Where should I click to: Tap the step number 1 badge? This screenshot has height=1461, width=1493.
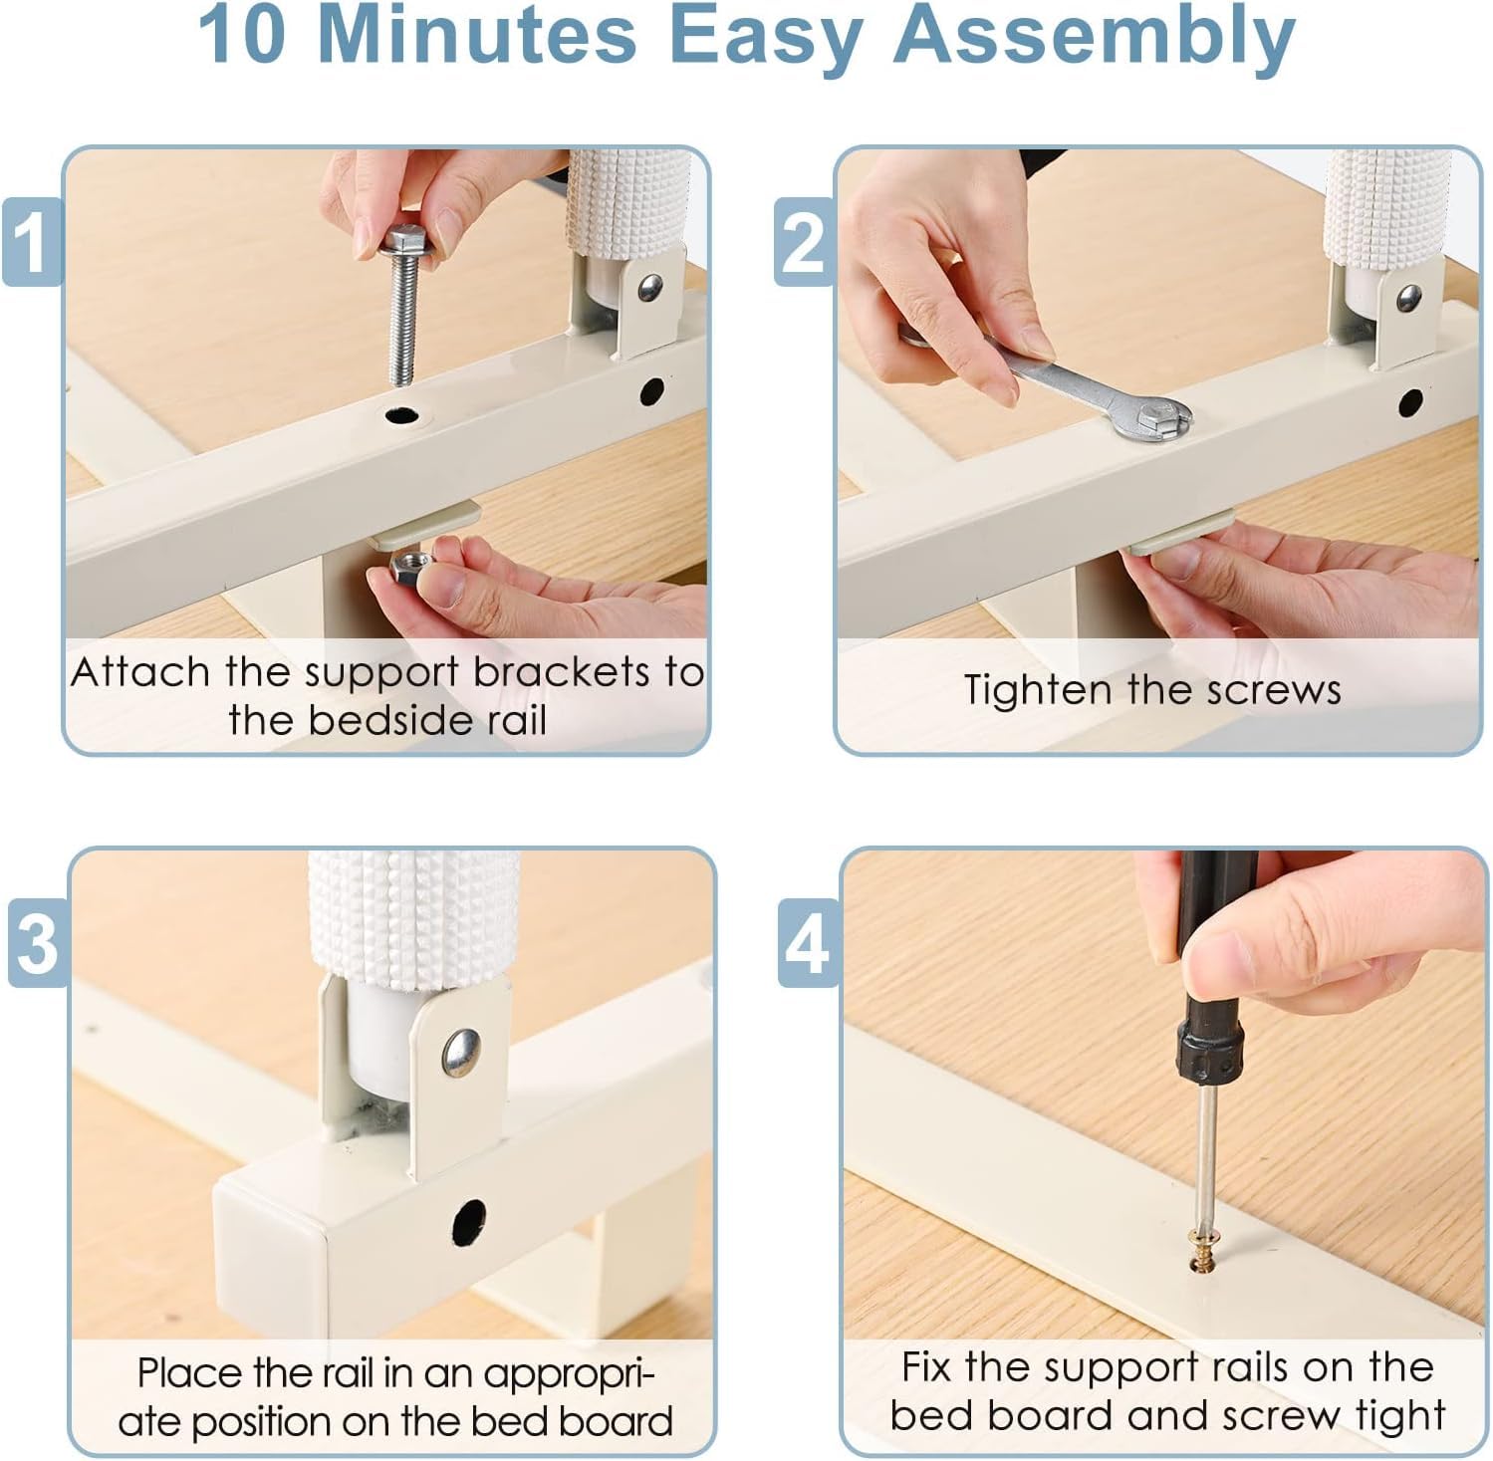pos(31,242)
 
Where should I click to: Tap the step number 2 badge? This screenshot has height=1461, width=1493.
pos(804,242)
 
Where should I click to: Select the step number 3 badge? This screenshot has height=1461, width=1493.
pos(38,942)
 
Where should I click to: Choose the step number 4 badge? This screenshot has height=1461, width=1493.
pos(808,942)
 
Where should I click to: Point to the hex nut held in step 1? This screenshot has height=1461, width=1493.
pos(408,567)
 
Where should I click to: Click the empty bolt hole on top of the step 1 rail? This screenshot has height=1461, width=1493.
pos(401,413)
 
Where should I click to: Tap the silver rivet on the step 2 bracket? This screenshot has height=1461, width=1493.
pos(1408,296)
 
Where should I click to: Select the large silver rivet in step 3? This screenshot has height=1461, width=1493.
pos(461,1053)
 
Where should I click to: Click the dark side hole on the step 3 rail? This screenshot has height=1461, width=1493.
pos(469,1222)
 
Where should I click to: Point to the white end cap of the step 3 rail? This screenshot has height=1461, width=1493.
pos(270,1246)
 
